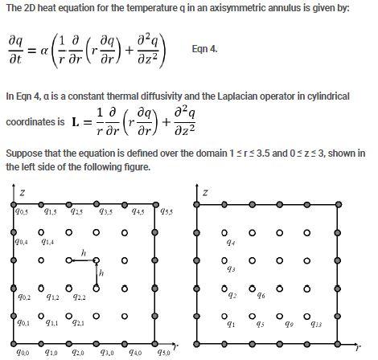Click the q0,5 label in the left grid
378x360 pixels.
[x=22, y=211]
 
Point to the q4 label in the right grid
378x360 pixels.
[x=231, y=241]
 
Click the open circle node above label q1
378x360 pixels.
[x=231, y=314]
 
